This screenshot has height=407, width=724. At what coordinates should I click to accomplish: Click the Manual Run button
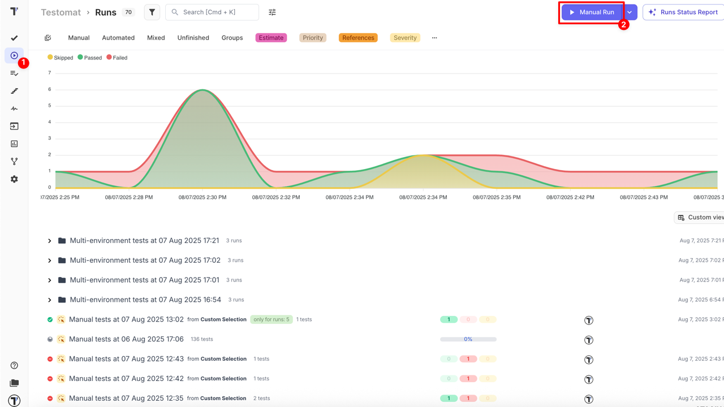[592, 12]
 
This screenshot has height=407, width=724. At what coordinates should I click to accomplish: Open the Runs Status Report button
[683, 12]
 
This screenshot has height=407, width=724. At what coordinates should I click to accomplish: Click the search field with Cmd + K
[212, 12]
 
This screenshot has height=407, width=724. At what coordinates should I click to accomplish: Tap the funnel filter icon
[152, 12]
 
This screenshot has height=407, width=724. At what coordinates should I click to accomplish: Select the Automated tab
[118, 38]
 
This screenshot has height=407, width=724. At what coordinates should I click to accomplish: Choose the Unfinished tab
[193, 38]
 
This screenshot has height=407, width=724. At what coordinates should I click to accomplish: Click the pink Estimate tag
[271, 38]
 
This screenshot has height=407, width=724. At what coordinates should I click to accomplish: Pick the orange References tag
[358, 38]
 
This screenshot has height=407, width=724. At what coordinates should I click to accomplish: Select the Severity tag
[405, 38]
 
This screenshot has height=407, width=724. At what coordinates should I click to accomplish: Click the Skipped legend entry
[61, 58]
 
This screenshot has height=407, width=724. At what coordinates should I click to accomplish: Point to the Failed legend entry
[117, 58]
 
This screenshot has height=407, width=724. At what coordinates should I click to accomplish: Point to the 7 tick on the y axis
[50, 73]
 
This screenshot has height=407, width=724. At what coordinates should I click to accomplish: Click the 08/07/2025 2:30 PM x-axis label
[202, 197]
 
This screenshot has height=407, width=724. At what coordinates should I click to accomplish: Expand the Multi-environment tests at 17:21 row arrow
[50, 241]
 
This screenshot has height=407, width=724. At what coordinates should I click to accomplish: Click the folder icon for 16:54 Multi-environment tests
[62, 300]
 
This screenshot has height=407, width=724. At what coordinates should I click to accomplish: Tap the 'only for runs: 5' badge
[271, 319]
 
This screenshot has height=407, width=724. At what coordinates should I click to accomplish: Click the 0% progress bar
[468, 339]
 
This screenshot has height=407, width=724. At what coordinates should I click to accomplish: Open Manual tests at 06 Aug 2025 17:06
[126, 339]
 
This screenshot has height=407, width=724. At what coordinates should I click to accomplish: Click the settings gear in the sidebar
[14, 179]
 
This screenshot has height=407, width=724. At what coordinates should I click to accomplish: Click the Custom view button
[700, 218]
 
